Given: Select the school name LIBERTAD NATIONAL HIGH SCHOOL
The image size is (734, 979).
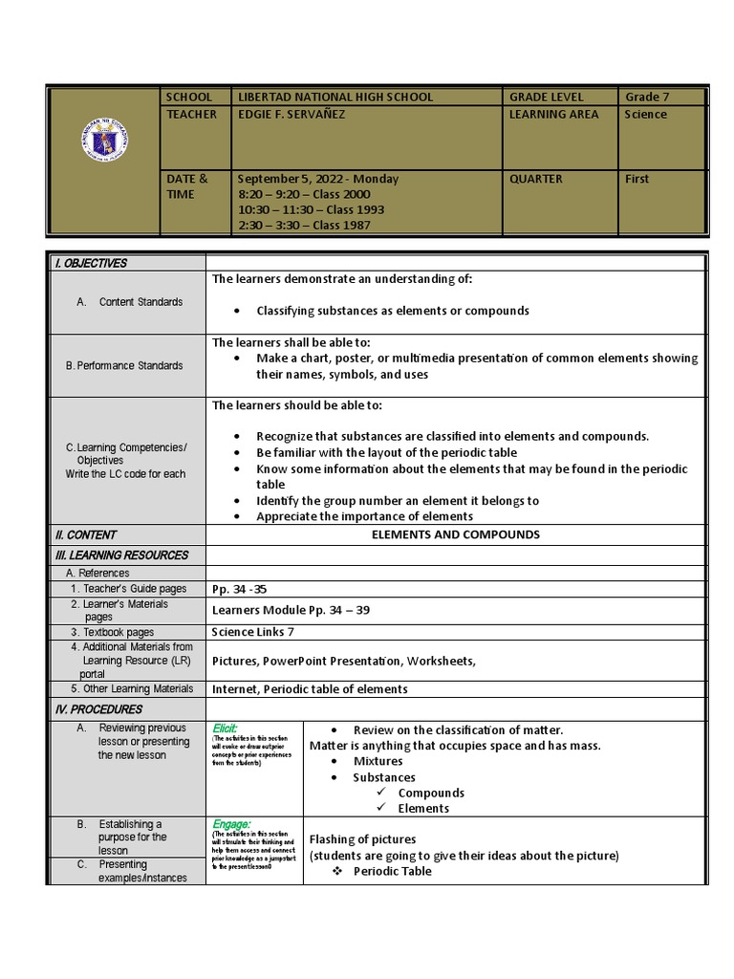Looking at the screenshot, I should click(x=335, y=97).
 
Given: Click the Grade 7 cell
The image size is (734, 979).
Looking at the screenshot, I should click(x=647, y=97).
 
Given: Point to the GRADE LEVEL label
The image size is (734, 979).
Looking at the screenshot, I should click(x=546, y=97).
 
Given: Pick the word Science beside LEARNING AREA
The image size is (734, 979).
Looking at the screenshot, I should click(x=646, y=114).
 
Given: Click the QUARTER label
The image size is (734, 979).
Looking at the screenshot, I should click(x=535, y=179).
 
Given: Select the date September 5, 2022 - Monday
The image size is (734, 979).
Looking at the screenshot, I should click(x=318, y=179).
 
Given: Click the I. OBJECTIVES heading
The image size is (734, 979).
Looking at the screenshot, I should click(x=91, y=264).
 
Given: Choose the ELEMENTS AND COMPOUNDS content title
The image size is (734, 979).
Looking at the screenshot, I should click(x=455, y=534).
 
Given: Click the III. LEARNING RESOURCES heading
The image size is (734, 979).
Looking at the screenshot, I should click(x=121, y=555).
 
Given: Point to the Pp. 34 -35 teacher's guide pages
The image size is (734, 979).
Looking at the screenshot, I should click(x=239, y=589).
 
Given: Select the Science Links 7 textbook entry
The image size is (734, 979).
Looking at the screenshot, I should click(x=252, y=632).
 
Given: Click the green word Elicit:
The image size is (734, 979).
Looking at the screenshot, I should click(x=225, y=729).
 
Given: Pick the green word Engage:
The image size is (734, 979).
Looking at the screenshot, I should click(x=231, y=823).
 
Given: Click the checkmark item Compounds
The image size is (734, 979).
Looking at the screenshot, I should click(x=430, y=793).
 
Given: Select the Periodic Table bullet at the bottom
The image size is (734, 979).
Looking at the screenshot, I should click(x=392, y=871).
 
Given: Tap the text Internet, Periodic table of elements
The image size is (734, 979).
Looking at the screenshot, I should click(x=310, y=688).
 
